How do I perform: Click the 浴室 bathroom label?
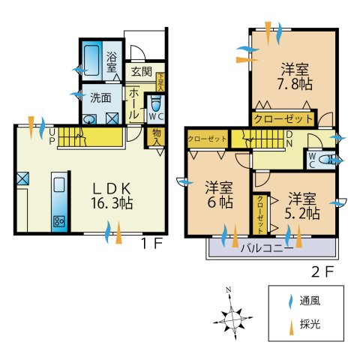coord(111,61)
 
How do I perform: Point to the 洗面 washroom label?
coord(100,97)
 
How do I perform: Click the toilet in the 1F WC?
coord(156,104)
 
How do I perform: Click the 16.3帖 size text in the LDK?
coord(113,203)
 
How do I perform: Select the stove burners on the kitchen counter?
coord(58,221)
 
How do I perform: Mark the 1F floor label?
coord(153,244)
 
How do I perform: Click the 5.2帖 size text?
coord(304,214)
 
